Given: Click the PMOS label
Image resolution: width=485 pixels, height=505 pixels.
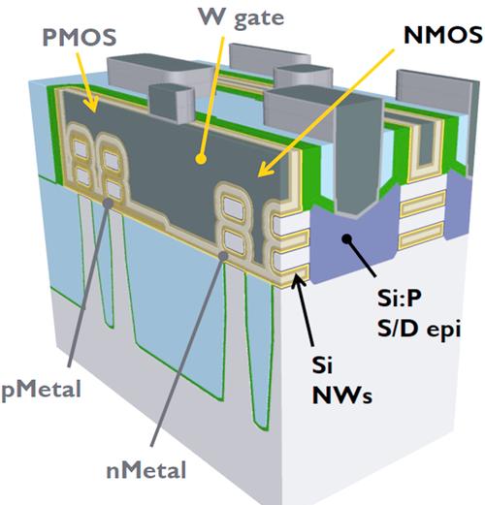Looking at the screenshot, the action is (x=80, y=37).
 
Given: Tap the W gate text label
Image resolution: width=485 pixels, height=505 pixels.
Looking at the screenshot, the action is (x=242, y=17).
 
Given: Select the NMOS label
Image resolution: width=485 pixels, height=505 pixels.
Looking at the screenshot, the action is (x=443, y=35).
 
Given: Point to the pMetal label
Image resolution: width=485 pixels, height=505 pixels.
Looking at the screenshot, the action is (x=41, y=390).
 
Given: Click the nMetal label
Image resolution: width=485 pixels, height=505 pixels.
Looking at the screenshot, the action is (x=146, y=470).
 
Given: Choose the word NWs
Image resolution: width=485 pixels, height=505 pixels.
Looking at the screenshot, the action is (x=342, y=395).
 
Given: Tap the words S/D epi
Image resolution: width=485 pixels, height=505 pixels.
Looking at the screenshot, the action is (x=419, y=330).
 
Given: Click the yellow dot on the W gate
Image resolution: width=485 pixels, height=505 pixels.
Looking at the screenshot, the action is (x=201, y=159).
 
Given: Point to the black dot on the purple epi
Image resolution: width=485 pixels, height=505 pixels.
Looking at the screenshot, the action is (x=347, y=239).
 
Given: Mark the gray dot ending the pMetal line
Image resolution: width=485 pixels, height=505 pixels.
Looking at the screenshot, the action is (x=108, y=203).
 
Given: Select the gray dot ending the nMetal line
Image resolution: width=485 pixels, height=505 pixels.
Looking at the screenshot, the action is (x=223, y=256).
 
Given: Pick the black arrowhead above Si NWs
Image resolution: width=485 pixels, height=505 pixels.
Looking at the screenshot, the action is (x=298, y=280).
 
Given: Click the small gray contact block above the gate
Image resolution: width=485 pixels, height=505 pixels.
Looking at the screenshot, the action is (x=172, y=103).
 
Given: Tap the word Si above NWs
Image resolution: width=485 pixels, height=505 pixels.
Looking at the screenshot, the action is (x=322, y=365).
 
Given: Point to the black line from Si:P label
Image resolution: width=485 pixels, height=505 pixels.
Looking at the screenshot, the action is (x=362, y=258).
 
